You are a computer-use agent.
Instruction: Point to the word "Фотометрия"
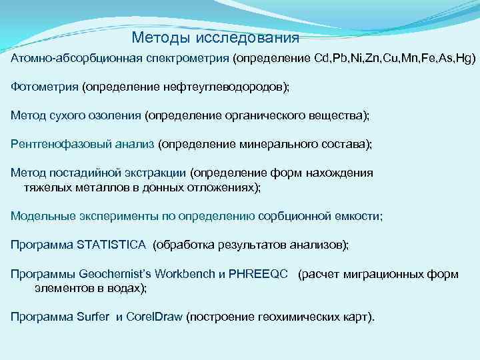click(x=44, y=87)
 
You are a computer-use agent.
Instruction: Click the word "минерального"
click(x=281, y=144)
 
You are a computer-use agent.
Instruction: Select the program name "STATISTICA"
click(x=111, y=245)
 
